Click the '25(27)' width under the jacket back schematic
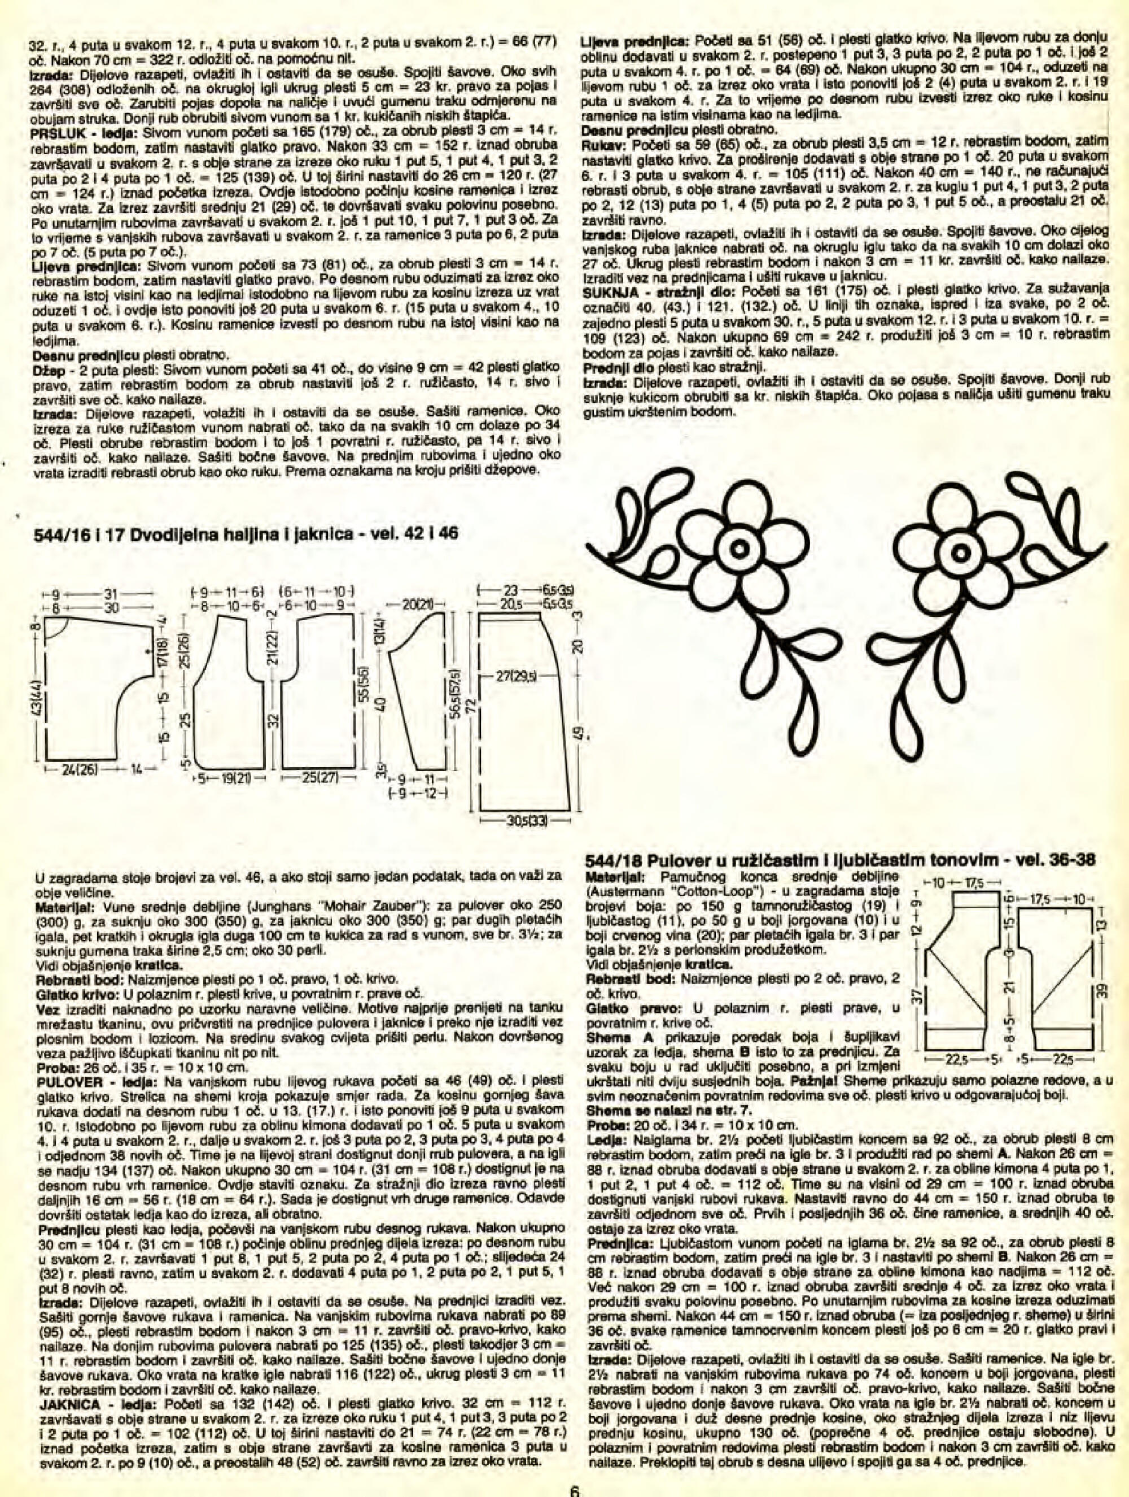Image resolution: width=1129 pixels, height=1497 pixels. tap(315, 778)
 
